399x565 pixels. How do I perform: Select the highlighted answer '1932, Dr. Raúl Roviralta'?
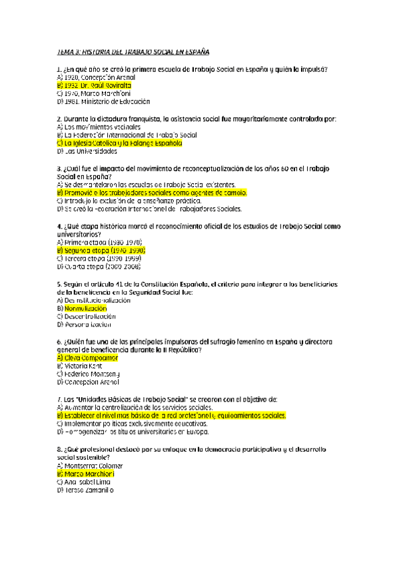point(95,85)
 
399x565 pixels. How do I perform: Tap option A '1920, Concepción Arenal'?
point(91,77)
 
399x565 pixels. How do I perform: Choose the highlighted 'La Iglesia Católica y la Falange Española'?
point(119,143)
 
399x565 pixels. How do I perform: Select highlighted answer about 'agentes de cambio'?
point(152,192)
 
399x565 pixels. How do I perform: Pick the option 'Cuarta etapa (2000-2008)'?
point(99,266)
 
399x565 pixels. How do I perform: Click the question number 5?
point(59,284)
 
